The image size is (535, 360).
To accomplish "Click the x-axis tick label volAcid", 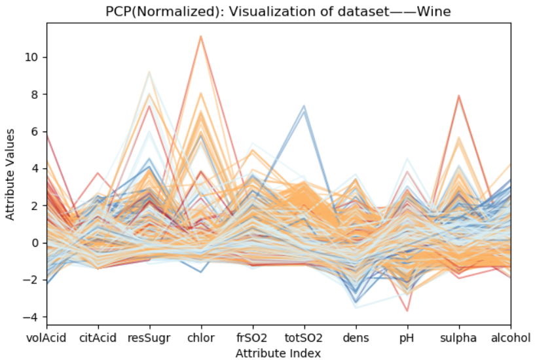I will pos(46,338).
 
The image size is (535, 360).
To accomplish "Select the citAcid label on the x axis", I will pos(98,338).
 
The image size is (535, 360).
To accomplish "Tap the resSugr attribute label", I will pos(149,338).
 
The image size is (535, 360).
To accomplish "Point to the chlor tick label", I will pos(201,338).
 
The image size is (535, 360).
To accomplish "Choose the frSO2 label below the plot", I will pos(253,338).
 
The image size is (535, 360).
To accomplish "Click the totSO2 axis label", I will pos(304,338).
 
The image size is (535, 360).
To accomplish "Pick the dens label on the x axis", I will pos(356,338).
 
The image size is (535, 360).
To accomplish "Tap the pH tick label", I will pos(407,338).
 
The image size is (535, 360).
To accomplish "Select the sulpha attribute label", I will pos(458,338).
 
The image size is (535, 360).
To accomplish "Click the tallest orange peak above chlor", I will pos(201,36).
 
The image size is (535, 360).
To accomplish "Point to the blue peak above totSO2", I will pos(304,107).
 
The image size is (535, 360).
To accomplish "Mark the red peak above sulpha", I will pos(458,96).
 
